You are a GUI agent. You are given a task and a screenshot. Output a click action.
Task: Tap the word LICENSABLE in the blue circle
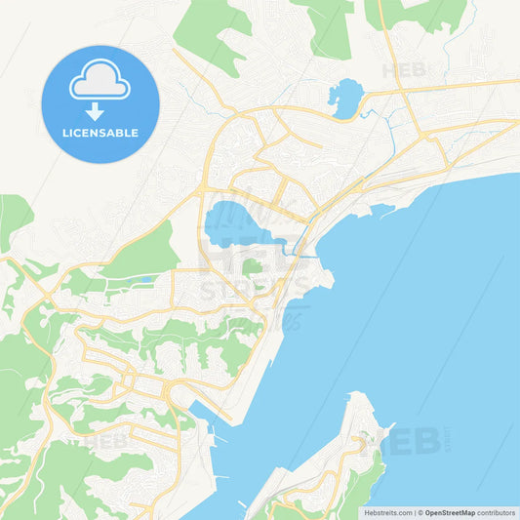pyautogui.click(x=100, y=132)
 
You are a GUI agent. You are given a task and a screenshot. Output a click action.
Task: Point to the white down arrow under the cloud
pyautogui.click(x=100, y=110)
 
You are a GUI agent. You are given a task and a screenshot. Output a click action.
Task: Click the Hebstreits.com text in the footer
pyautogui.click(x=387, y=512)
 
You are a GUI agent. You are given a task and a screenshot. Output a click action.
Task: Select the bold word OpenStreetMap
pyautogui.click(x=450, y=512)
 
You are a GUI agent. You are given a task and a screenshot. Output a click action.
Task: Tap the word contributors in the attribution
pyautogui.click(x=496, y=512)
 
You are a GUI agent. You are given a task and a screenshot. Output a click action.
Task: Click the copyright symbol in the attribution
pyautogui.click(x=420, y=512)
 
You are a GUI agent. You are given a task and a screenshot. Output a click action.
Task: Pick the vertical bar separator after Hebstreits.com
pyautogui.click(x=414, y=512)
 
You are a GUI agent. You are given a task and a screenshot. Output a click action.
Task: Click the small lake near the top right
pyautogui.click(x=346, y=97)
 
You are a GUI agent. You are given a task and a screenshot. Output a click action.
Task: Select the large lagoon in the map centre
pyautogui.click(x=234, y=223)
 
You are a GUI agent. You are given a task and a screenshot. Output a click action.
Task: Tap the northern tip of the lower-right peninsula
pyautogui.click(x=359, y=395)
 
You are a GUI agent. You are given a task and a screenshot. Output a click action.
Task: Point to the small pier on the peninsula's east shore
pyautogui.click(x=388, y=427)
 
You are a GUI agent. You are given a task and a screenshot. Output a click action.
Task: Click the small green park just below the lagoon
pyautogui.click(x=252, y=265)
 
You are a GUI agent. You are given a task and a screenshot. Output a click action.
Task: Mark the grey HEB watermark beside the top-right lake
pyautogui.click(x=404, y=70)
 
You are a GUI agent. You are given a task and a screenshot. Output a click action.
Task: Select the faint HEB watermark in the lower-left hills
pyautogui.click(x=104, y=440)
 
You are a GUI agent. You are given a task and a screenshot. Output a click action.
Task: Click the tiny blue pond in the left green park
pyautogui.click(x=146, y=279)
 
